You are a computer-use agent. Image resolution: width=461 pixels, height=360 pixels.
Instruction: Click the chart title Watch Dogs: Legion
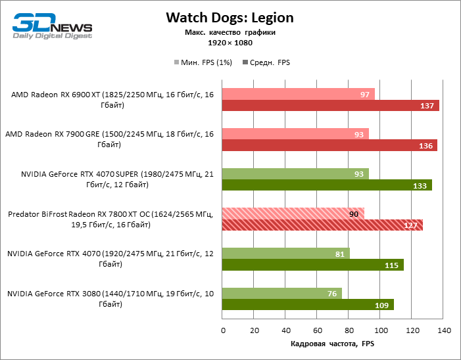[x=230, y=17]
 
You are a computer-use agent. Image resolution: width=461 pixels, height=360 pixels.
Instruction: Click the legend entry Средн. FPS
[x=266, y=62]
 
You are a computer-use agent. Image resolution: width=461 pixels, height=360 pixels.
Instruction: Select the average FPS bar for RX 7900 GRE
[x=329, y=145]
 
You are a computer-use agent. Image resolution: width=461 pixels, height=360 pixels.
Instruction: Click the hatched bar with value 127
[x=322, y=225]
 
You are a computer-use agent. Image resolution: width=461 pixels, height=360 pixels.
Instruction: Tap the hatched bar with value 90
[x=293, y=213]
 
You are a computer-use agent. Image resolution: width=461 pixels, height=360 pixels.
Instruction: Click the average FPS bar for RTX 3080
[x=308, y=305]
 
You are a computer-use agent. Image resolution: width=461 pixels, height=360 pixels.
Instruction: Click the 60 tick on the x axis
[x=318, y=329]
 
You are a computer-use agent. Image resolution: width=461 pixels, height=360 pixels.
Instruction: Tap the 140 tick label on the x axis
[x=444, y=329]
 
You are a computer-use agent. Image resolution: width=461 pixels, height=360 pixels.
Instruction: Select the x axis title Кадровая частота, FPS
[x=332, y=344]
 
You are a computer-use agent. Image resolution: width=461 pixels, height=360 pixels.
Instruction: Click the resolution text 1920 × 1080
[x=230, y=43]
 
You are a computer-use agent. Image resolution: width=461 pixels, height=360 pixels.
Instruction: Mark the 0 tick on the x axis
[x=223, y=329]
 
